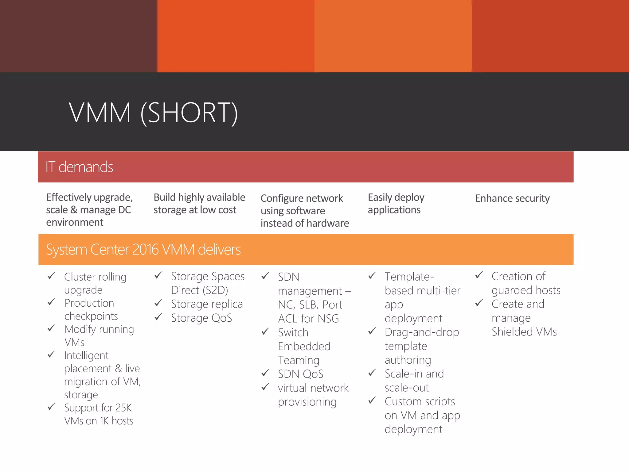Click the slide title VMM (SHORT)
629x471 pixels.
coord(153,113)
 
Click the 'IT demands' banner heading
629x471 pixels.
coord(79,167)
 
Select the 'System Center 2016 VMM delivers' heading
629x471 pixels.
coord(143,250)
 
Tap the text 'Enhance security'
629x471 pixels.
coord(512,198)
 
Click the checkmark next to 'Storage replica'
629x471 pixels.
coord(158,304)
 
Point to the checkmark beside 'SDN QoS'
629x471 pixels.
coord(265,373)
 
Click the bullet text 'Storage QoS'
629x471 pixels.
coord(201,318)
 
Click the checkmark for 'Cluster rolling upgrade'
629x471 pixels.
coord(51,276)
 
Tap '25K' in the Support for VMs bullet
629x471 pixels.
coord(123,408)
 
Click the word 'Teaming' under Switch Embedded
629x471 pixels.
coord(299,360)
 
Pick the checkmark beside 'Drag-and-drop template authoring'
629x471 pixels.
coord(372,331)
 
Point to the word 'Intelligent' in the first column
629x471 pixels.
coord(86,355)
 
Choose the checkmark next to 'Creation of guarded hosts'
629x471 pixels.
coord(479,275)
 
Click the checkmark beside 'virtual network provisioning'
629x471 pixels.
coord(265,387)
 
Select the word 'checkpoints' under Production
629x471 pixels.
coord(91,316)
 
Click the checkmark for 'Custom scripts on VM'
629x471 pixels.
coord(372,400)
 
